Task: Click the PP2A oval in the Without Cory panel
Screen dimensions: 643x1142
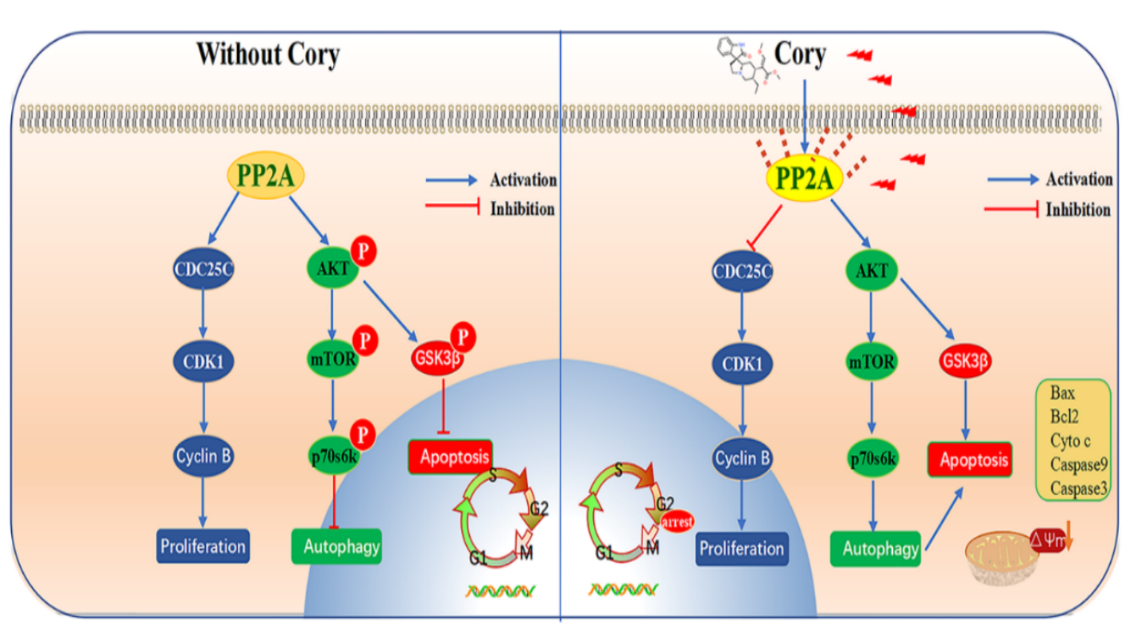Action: pyautogui.click(x=265, y=176)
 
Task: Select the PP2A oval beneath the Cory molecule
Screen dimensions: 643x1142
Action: pyautogui.click(x=804, y=179)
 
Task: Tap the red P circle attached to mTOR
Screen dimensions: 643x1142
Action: pyautogui.click(x=364, y=341)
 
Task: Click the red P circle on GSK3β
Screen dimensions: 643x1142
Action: pyautogui.click(x=462, y=337)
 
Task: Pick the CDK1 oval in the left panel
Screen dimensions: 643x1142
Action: pyautogui.click(x=203, y=362)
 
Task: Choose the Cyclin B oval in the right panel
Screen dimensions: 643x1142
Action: pyautogui.click(x=742, y=458)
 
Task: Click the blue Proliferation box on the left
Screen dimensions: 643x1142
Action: pyautogui.click(x=202, y=546)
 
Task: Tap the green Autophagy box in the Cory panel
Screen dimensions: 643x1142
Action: pyautogui.click(x=876, y=549)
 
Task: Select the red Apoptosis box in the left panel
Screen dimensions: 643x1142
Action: pyautogui.click(x=451, y=456)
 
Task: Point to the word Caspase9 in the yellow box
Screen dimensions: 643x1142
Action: pyautogui.click(x=1078, y=464)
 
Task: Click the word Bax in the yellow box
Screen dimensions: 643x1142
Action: pyautogui.click(x=1062, y=393)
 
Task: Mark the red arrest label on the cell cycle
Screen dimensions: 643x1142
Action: pyautogui.click(x=677, y=522)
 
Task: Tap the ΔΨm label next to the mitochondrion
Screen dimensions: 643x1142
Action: pyautogui.click(x=1048, y=540)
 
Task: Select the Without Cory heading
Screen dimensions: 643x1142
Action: pyautogui.click(x=268, y=54)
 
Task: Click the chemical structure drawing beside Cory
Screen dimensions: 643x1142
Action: pyautogui.click(x=746, y=64)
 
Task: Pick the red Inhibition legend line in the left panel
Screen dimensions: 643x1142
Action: pyautogui.click(x=452, y=206)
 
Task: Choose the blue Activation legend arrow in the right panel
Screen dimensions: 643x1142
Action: pyautogui.click(x=1012, y=179)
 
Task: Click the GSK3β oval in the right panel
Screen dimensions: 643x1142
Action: pyautogui.click(x=964, y=362)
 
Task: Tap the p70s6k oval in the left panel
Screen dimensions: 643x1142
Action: pyautogui.click(x=334, y=456)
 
